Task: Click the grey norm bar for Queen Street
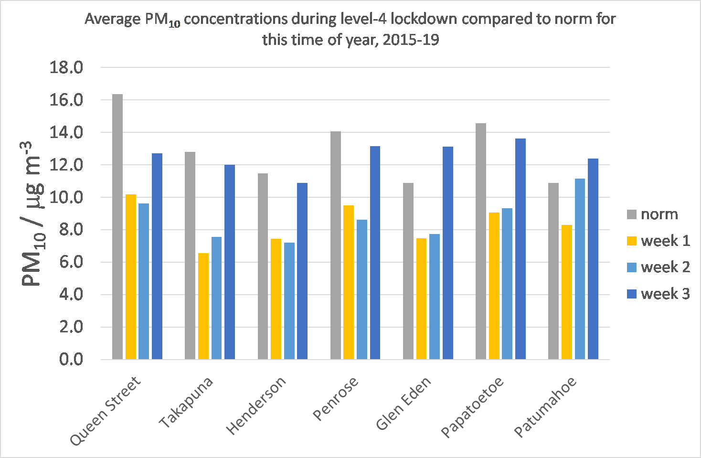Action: [x=117, y=227]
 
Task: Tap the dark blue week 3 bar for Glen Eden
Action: [x=448, y=253]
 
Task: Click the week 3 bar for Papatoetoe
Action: [x=520, y=249]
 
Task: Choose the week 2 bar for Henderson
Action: [x=289, y=301]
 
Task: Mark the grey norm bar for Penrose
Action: [x=336, y=245]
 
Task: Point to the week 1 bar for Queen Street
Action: [x=131, y=277]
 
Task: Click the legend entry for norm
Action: [x=659, y=214]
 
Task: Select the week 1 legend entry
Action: [x=665, y=241]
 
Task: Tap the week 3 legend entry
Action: [x=665, y=294]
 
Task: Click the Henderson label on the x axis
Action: [x=256, y=405]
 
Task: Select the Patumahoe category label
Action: [x=545, y=407]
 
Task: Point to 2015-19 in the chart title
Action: [x=411, y=39]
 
